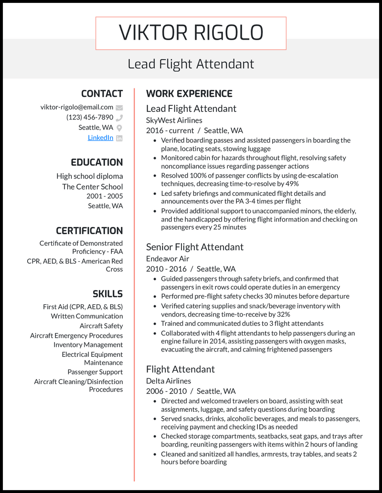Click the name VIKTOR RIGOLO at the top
191,33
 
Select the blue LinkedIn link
100,138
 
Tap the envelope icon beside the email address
119,107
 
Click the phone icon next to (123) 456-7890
119,118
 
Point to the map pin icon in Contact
119,128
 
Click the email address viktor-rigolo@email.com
77,107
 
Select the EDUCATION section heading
96,162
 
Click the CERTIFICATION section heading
89,231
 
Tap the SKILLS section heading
107,294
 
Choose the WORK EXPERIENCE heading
189,94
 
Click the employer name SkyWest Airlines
174,120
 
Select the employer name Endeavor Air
168,259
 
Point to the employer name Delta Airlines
169,381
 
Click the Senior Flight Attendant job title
194,247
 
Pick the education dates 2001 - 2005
105,196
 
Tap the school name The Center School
92,186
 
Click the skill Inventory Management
88,344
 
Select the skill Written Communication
87,316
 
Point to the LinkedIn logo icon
119,138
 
